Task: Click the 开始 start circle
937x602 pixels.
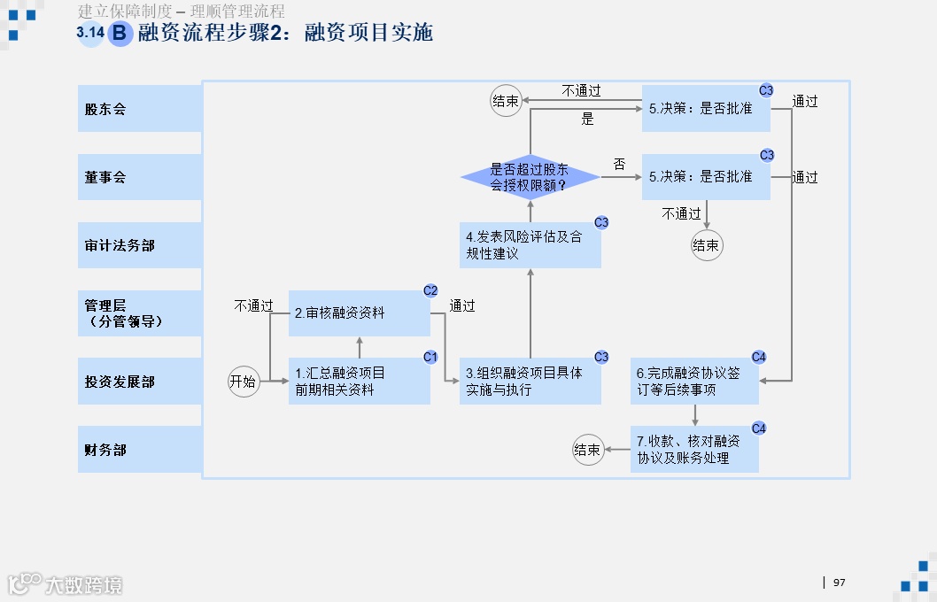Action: (x=243, y=382)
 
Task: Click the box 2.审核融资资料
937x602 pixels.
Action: (x=359, y=313)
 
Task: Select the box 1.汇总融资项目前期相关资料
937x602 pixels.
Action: (x=359, y=382)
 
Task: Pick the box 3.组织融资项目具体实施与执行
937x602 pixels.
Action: (x=530, y=382)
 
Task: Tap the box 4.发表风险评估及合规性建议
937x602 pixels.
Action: (x=530, y=245)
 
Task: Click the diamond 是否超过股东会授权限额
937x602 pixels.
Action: (x=530, y=177)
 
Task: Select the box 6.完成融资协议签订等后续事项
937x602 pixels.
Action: (x=693, y=382)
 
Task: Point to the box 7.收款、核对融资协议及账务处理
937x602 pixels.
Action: (x=693, y=450)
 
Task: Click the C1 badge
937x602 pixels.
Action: (x=430, y=357)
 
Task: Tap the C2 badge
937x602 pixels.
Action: (x=430, y=289)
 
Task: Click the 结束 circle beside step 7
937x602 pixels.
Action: (x=588, y=450)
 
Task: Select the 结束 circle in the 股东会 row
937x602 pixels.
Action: (x=506, y=101)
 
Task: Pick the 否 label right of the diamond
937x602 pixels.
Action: (x=619, y=165)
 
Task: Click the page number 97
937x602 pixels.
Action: (x=839, y=583)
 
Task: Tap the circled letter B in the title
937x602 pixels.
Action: (x=120, y=34)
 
